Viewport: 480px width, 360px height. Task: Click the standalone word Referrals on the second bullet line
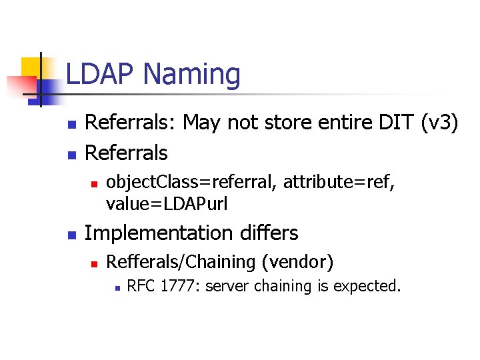tap(127, 153)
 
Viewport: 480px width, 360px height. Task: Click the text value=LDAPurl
tap(167, 204)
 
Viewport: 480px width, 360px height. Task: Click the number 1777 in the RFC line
tap(181, 287)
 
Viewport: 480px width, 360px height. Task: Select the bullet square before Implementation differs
tap(71, 235)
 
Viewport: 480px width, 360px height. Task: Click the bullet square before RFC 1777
tap(116, 288)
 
